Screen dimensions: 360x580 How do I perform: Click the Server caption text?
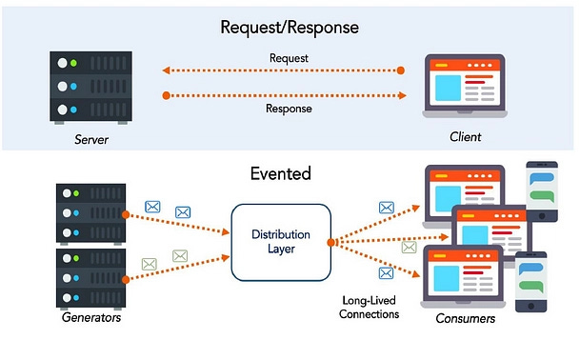tap(91, 140)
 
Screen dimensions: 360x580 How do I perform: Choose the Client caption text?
tap(466, 137)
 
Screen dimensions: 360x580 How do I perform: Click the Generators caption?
tap(91, 318)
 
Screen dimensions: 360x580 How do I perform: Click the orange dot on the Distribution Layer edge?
tap(330, 242)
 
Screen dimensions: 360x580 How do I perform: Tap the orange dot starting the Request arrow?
tap(401, 70)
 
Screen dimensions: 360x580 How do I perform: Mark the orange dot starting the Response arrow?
tap(167, 95)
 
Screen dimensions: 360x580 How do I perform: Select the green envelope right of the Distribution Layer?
tap(409, 248)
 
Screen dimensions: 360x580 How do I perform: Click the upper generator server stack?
tap(91, 214)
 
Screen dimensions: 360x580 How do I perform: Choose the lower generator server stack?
tap(91, 277)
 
